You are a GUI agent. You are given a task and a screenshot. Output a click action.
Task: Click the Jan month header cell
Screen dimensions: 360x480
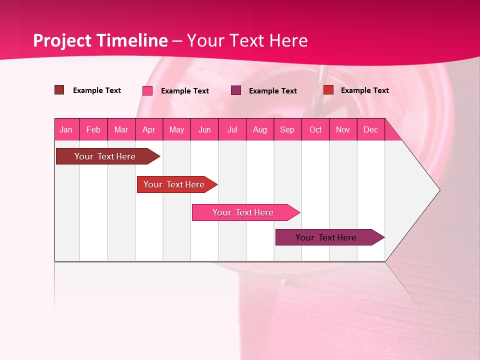point(66,129)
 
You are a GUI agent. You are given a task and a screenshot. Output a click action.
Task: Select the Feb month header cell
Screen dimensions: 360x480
point(93,129)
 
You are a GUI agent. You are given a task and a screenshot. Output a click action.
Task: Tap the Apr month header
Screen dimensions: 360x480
point(149,129)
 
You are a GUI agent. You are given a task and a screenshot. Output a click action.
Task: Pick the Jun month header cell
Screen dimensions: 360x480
point(204,129)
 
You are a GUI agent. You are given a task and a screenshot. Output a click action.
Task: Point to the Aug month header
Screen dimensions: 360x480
point(260,129)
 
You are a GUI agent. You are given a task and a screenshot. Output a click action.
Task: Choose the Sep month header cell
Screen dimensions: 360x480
point(287,129)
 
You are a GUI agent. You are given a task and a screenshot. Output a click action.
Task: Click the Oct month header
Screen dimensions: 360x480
point(315,129)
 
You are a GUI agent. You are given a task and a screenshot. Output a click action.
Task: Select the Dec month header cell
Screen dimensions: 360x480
point(371,129)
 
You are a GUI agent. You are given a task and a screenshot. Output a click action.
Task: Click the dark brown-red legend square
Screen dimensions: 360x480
point(59,90)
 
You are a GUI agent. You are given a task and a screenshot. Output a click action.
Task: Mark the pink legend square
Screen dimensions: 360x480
point(147,90)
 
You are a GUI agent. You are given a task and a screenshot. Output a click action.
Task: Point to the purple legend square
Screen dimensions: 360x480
point(236,90)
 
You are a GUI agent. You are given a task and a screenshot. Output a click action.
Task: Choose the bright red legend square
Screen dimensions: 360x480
point(328,90)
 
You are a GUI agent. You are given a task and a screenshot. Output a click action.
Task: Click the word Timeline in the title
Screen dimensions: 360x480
point(132,40)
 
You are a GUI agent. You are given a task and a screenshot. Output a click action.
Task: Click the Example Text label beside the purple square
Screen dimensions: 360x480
point(273,91)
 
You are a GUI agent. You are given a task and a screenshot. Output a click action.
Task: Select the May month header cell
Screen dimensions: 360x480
point(176,129)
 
